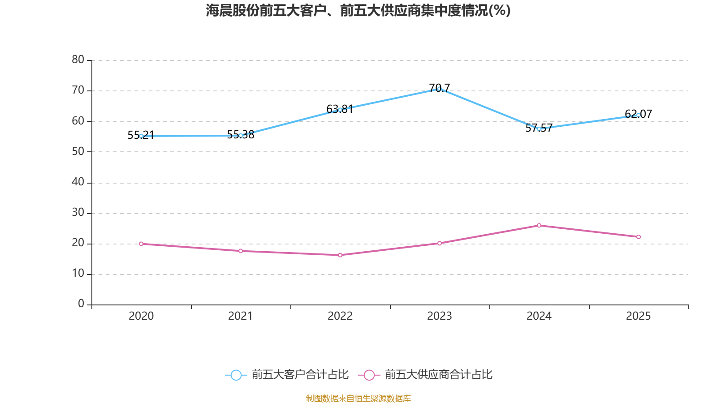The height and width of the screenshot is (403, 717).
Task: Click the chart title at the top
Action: (x=358, y=10)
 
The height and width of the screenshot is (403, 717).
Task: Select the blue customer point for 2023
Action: (x=439, y=89)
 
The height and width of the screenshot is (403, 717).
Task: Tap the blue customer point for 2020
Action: (x=141, y=136)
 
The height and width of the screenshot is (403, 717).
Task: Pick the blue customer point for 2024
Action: (x=539, y=129)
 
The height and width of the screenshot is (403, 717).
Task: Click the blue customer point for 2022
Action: (x=340, y=110)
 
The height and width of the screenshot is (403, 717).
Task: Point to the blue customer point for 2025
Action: (x=638, y=115)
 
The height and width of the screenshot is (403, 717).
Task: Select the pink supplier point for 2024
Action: (x=539, y=225)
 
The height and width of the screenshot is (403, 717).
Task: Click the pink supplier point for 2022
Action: (x=340, y=255)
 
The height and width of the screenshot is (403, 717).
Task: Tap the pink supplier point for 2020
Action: (x=141, y=244)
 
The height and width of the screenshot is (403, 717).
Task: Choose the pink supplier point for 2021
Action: (x=241, y=251)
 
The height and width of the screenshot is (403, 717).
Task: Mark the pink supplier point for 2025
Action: (x=638, y=237)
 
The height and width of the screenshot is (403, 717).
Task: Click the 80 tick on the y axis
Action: (x=78, y=60)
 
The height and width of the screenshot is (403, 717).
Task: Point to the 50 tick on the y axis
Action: (x=78, y=151)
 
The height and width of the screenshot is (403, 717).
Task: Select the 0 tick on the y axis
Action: (x=81, y=304)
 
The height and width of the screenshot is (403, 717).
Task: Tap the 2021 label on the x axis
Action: (x=241, y=316)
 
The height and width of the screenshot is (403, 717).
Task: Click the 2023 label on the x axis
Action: (x=439, y=316)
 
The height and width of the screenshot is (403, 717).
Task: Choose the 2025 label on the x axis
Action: (x=638, y=316)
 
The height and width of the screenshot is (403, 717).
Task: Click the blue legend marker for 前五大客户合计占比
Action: (x=236, y=375)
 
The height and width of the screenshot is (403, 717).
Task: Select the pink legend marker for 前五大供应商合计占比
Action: (x=369, y=375)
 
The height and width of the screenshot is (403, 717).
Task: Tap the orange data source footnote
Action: (x=358, y=398)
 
